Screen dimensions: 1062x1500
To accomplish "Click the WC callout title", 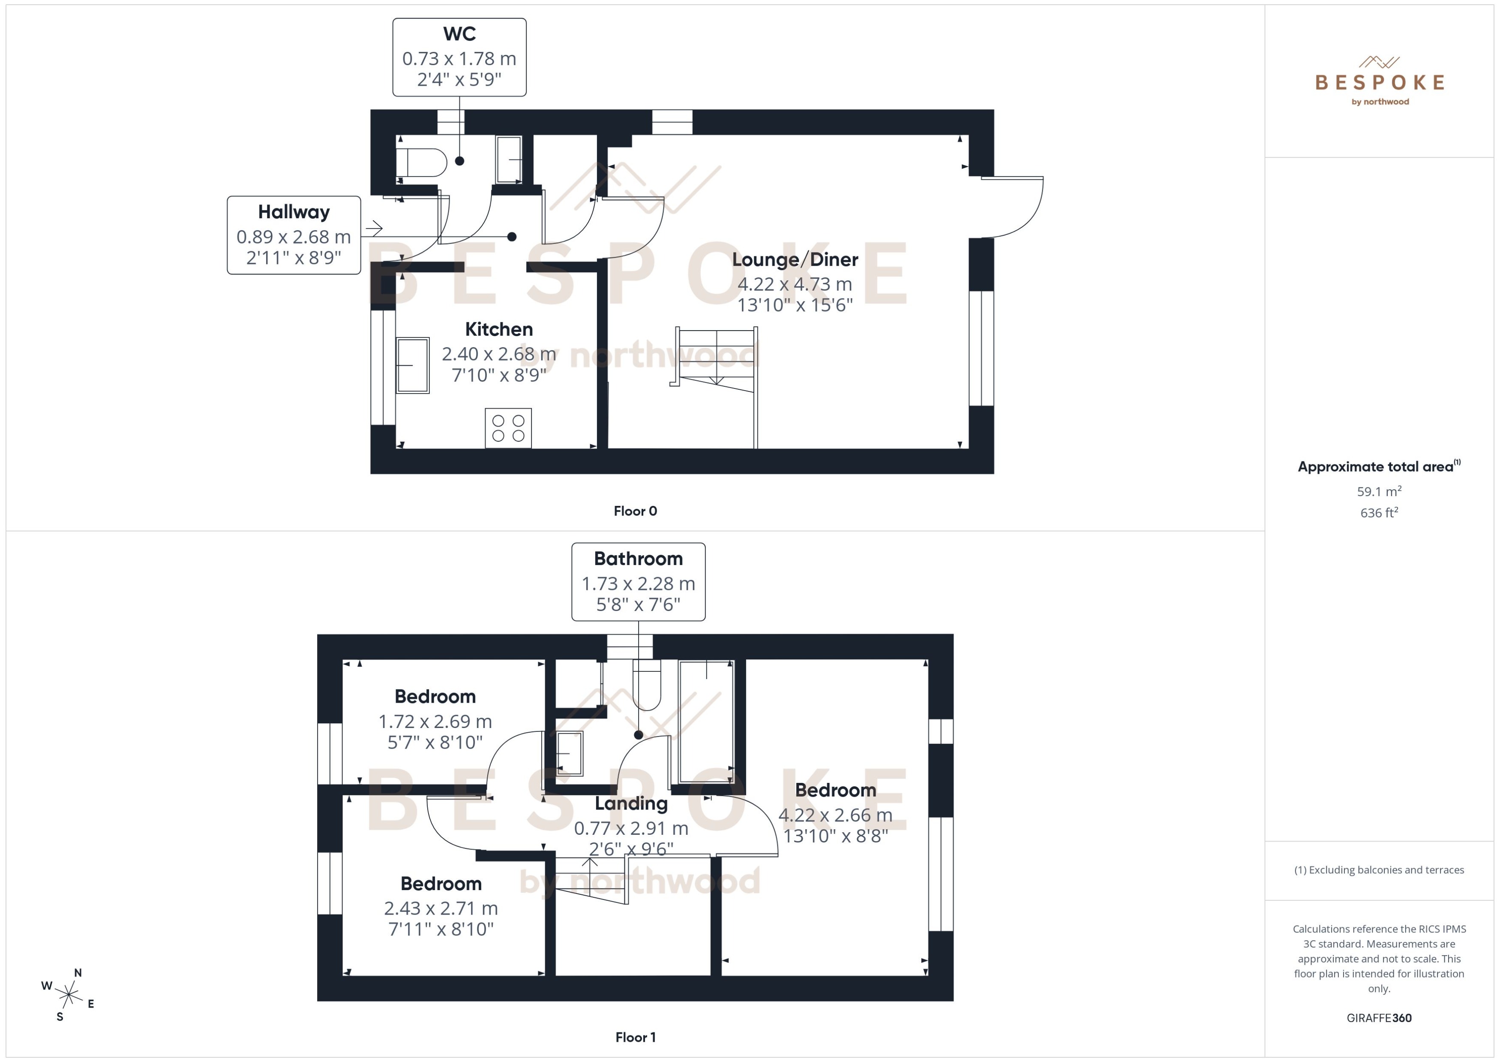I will coord(459,34).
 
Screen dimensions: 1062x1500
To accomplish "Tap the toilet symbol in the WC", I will coord(422,162).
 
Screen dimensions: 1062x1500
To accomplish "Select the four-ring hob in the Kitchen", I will coord(508,428).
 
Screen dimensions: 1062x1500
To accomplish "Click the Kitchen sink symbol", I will coord(412,365).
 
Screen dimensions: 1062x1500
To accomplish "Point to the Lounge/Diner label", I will coord(794,260).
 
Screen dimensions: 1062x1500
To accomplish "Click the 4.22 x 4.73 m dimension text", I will coord(794,284).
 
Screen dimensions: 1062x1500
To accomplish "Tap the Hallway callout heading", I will coord(294,212).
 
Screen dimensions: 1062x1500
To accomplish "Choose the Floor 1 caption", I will coord(635,1037).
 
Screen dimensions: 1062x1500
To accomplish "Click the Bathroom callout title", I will coord(638,559).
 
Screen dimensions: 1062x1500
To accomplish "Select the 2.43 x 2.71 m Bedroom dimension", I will coord(441,909).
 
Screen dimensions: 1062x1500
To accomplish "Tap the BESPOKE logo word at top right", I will coord(1379,82).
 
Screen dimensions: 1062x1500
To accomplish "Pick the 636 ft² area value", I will coord(1378,513).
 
